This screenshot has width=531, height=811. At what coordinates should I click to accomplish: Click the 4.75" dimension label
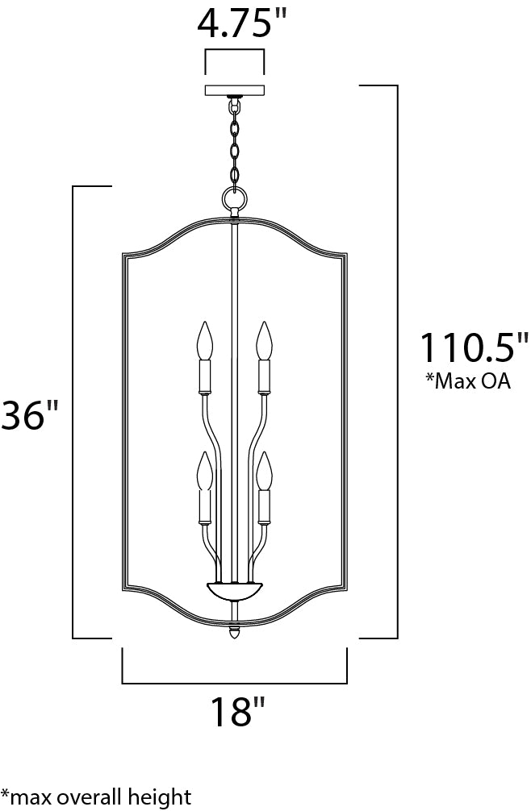coord(234,24)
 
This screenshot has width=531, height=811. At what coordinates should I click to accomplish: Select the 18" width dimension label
coord(237,713)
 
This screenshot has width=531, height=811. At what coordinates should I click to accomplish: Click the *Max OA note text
coord(468,381)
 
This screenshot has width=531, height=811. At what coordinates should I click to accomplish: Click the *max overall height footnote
coord(96,796)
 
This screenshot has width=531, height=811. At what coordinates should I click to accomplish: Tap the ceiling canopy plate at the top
coord(235,89)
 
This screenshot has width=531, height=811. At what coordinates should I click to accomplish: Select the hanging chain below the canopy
coord(235,141)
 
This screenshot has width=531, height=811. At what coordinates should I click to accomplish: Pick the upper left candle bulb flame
coord(206,340)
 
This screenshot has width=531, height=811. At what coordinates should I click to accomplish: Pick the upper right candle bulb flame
coord(262,340)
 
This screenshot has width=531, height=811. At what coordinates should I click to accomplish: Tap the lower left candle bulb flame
coord(206,471)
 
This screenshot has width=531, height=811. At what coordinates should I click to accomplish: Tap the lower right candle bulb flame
coord(262,471)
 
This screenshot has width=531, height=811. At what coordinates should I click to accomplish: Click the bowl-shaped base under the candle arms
coord(234,589)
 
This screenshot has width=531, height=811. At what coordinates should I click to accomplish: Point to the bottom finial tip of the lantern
coord(235,634)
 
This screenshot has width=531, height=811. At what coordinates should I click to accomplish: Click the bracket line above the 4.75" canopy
coord(235,52)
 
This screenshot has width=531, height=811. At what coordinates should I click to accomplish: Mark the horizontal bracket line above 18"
coord(235,683)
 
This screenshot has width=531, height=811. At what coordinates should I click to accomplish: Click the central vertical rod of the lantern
coord(234,403)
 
